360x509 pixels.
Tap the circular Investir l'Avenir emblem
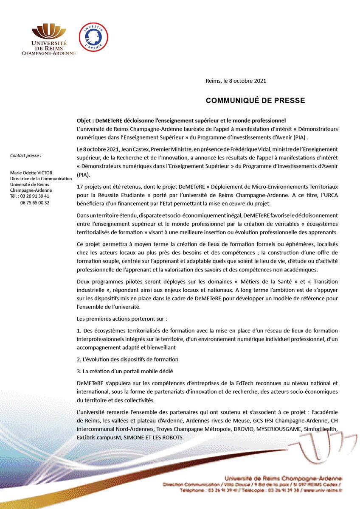coord(94,37)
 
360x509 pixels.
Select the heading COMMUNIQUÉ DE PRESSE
coord(255,101)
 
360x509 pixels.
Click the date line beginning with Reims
coord(236,81)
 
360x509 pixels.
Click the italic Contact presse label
coord(25,156)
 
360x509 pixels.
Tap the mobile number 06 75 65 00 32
coord(35,203)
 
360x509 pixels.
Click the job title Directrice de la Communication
coord(41,179)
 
